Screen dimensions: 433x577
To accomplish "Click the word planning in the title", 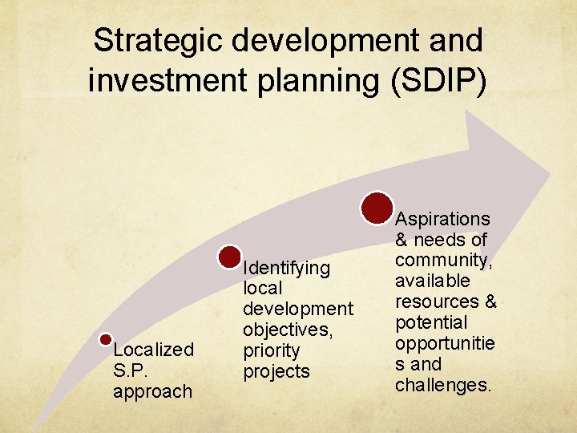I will (301, 81).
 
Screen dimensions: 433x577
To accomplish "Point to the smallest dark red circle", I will (105, 340).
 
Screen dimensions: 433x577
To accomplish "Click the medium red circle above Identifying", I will (230, 257).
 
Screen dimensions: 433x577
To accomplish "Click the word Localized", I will (153, 350).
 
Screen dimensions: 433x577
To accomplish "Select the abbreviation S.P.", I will (130, 370).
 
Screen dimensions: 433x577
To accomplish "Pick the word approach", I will (152, 391).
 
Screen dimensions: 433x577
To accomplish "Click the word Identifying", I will (286, 267).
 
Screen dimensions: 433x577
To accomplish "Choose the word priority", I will (271, 350).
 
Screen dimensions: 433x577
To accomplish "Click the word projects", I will (276, 371).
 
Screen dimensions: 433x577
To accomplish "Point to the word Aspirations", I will (443, 219).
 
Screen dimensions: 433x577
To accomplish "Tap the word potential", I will (430, 322).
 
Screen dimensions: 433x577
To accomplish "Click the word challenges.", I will (443, 385).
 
